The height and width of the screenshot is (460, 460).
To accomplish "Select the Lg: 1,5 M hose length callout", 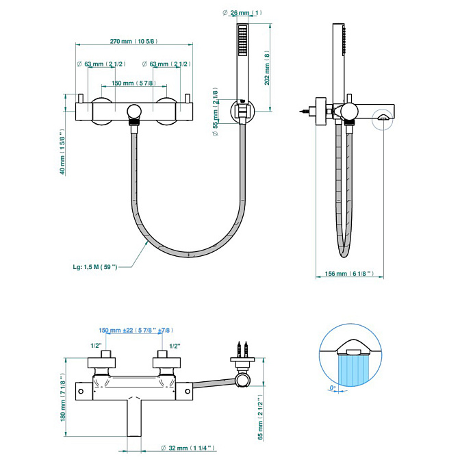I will coord(94,267).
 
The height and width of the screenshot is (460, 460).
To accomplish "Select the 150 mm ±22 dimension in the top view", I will coord(135,331).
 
